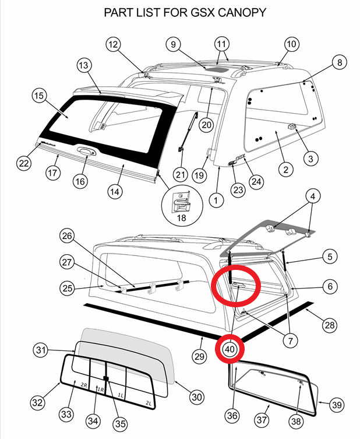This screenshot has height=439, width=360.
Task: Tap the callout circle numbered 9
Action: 173,44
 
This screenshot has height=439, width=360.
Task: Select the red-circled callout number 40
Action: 229,349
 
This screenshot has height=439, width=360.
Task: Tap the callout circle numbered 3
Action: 310,158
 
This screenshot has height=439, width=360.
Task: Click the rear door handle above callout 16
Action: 85,153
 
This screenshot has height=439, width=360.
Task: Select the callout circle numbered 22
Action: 23,164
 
